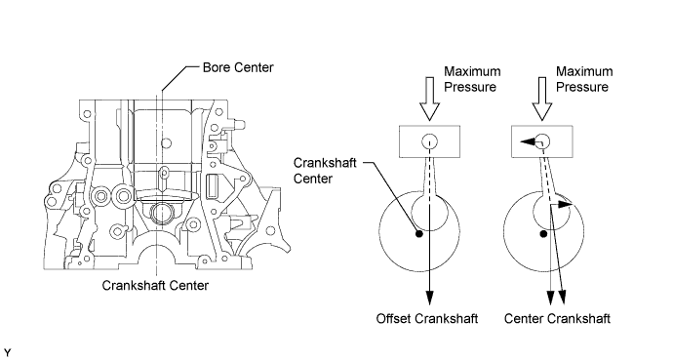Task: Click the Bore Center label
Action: pos(238,67)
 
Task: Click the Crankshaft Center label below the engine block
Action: pos(155,285)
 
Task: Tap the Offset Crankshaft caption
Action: pos(427,318)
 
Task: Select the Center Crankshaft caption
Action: pos(557,318)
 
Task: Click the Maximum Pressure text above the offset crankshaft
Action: pos(472,79)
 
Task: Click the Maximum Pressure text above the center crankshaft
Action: pos(584,79)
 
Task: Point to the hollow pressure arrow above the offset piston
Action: pos(429,99)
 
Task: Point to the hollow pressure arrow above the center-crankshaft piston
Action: pos(542,99)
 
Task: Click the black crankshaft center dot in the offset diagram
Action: pos(419,234)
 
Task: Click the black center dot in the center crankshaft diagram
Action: pos(543,234)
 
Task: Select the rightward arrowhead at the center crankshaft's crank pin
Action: pos(566,204)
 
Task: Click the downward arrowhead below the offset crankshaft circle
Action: pos(429,298)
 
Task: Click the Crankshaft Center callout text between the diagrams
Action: pos(325,171)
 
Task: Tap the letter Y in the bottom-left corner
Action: pos(7,353)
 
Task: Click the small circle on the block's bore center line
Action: pos(167,142)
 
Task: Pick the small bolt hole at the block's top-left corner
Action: pos(87,114)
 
